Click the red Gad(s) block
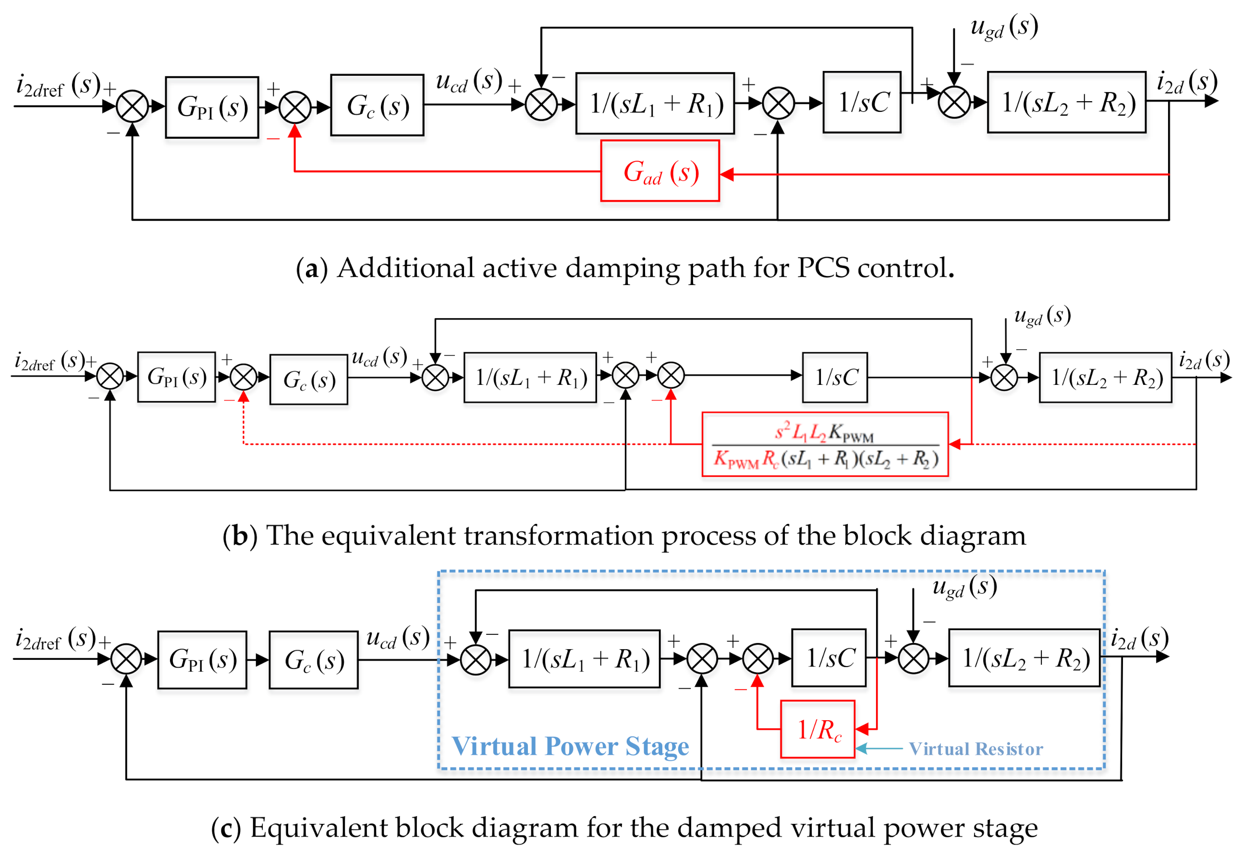pyautogui.click(x=660, y=171)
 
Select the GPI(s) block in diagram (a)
pyautogui.click(x=212, y=107)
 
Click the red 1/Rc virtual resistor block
pyautogui.click(x=817, y=729)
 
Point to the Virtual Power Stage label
pyautogui.click(x=570, y=746)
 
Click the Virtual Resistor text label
pyautogui.click(x=976, y=749)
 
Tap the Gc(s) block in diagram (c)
pyautogui.click(x=313, y=660)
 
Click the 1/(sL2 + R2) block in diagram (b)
pyautogui.click(x=1105, y=378)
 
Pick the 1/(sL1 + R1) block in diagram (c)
pyautogui.click(x=584, y=659)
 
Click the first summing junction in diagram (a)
pyautogui.click(x=132, y=107)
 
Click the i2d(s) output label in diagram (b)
pyautogui.click(x=1204, y=361)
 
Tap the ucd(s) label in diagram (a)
pyautogui.click(x=469, y=82)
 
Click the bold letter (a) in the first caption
pyautogui.click(x=311, y=269)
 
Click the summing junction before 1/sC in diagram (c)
pyautogui.click(x=757, y=659)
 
